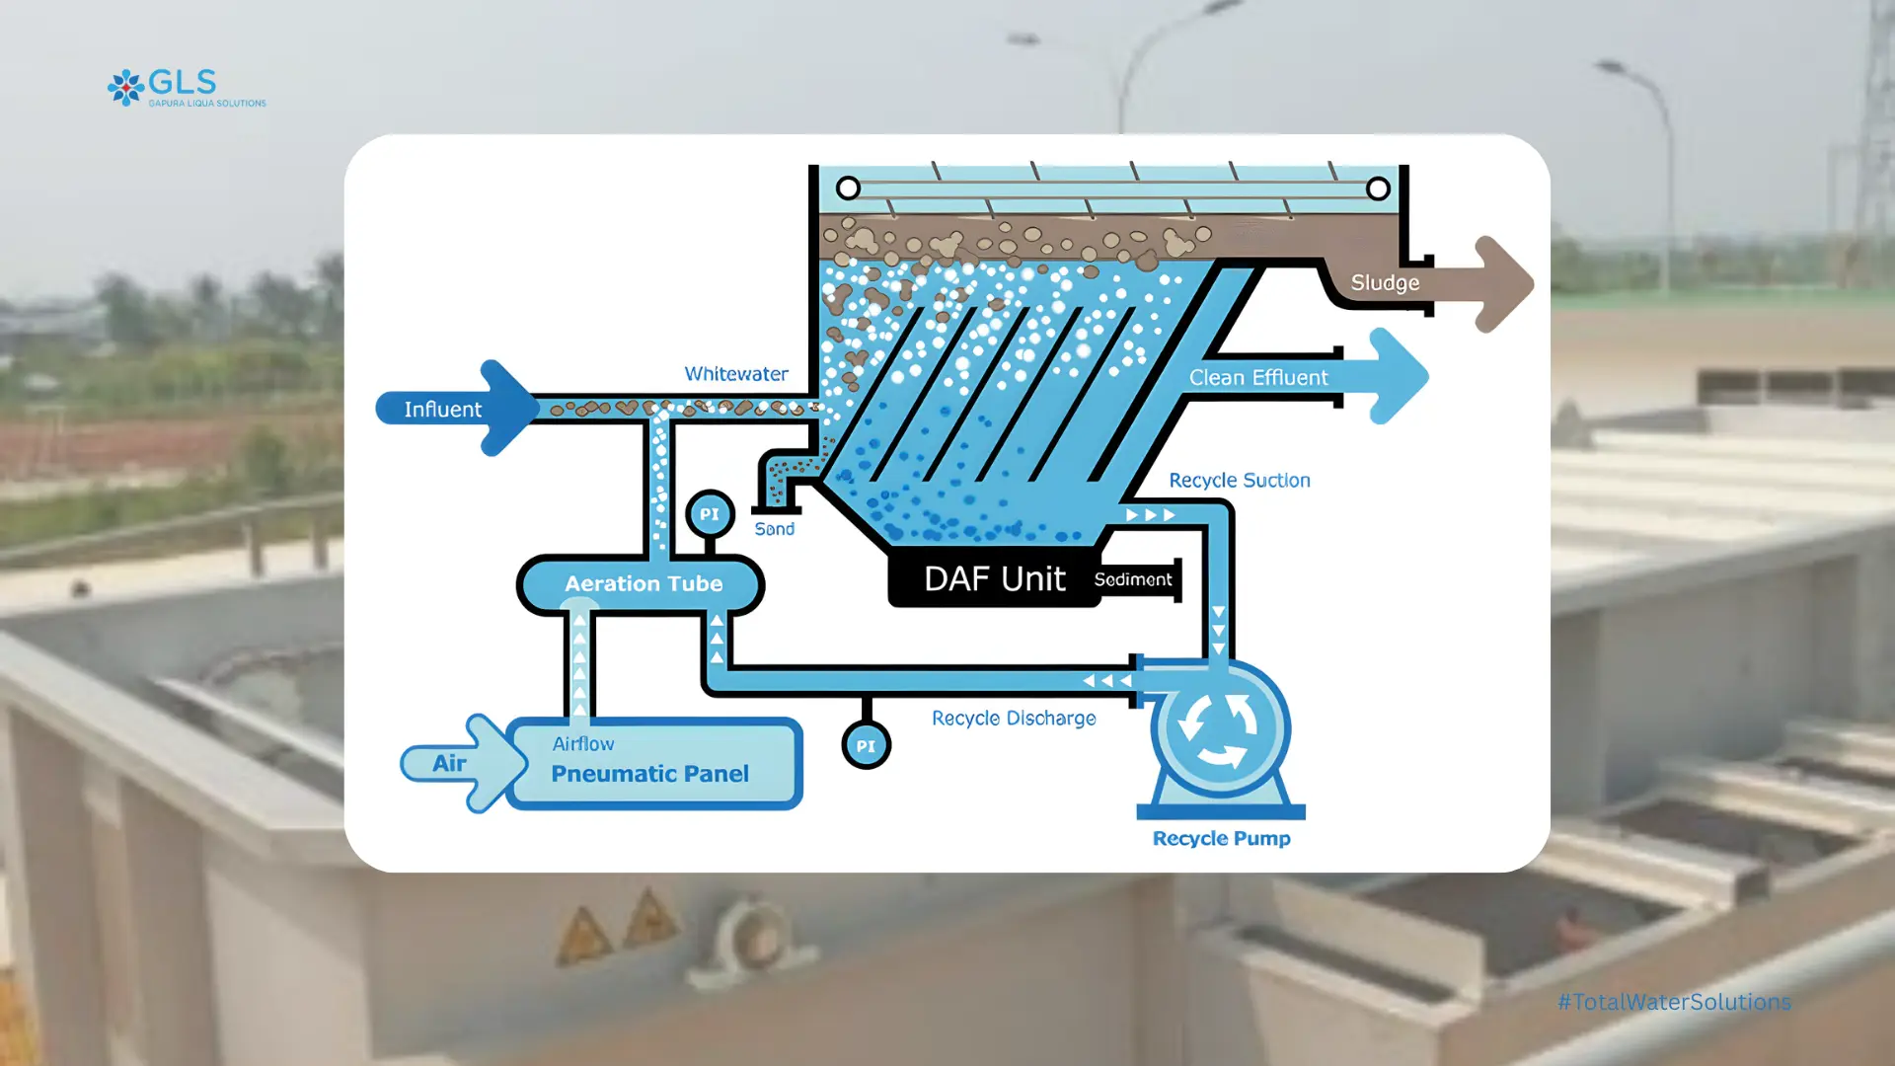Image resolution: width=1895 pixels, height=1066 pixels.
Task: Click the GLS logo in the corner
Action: [x=186, y=88]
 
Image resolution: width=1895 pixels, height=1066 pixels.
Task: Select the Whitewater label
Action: [x=736, y=374]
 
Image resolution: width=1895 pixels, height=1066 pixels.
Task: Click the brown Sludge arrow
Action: [x=1431, y=284]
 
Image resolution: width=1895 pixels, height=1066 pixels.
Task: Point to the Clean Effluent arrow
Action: [x=1303, y=377]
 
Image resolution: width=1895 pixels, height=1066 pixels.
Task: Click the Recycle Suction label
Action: [x=1240, y=481]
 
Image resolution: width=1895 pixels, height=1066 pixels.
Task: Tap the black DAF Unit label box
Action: [x=994, y=578]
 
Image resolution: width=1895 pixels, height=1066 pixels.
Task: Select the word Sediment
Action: [x=1133, y=579]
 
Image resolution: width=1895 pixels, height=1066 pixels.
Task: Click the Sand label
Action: [x=775, y=529]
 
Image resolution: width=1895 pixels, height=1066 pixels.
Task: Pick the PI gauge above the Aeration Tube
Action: [x=710, y=514]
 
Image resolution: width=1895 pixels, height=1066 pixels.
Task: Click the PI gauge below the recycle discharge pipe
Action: [x=866, y=746]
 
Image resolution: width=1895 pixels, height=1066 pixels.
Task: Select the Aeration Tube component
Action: [x=643, y=584]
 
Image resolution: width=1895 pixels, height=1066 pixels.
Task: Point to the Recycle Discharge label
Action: [x=1014, y=719]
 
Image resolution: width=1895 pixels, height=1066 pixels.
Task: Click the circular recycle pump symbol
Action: [x=1220, y=728]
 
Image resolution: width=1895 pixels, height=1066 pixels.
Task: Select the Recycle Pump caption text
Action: [x=1221, y=839]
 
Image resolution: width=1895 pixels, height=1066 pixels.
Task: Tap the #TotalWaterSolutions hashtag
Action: [x=1674, y=1002]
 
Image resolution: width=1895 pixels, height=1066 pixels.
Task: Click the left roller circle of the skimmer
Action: [x=848, y=188]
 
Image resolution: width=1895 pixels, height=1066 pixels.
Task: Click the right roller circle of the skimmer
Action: [x=1378, y=188]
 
